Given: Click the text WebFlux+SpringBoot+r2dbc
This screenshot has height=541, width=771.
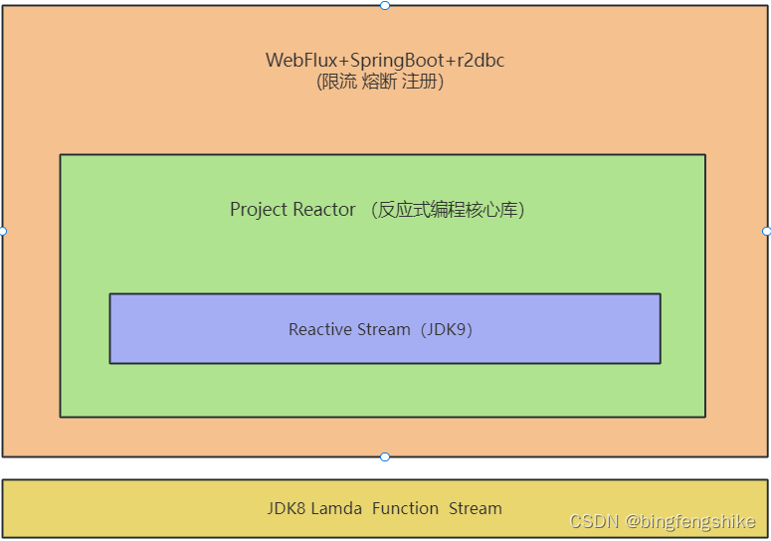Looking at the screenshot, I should (x=385, y=61).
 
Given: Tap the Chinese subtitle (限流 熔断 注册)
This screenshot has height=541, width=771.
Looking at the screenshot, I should (x=380, y=82).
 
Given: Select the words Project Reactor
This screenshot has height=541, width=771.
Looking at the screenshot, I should (x=292, y=210).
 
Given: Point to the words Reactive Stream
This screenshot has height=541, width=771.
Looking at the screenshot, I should (x=349, y=329).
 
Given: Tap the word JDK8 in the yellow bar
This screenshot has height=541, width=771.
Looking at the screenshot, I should (x=287, y=508).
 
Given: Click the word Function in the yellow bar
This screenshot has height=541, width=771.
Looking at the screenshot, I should (x=405, y=508).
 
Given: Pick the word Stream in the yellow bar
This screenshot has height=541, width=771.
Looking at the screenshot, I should (x=476, y=508).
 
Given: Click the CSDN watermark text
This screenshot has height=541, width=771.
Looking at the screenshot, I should (x=595, y=521).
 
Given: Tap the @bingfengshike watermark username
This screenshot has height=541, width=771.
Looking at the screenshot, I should (x=689, y=521).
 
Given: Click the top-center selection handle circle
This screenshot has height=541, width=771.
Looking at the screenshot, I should (x=385, y=5).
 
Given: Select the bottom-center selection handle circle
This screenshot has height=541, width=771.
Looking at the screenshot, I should (x=385, y=456).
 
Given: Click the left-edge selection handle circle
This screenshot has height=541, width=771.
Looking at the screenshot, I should (x=3, y=231).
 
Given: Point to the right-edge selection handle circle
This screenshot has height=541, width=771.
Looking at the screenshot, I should (x=766, y=231).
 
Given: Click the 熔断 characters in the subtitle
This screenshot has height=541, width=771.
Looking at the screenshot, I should (x=380, y=82).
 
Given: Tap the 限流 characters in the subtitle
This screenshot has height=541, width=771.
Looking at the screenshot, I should (x=339, y=82).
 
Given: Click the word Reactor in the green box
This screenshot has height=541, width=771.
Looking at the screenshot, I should (x=324, y=210).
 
